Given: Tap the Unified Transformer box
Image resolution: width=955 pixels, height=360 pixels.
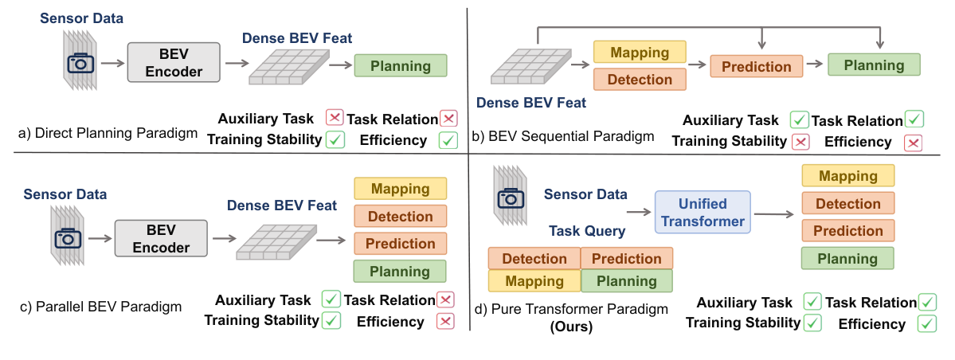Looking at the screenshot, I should pyautogui.click(x=703, y=213).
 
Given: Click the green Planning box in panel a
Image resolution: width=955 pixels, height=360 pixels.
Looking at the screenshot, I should pyautogui.click(x=401, y=66).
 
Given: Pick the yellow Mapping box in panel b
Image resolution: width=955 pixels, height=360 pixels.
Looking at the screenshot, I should pyautogui.click(x=639, y=53).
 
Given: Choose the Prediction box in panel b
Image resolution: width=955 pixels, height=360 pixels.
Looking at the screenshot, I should pyautogui.click(x=757, y=67).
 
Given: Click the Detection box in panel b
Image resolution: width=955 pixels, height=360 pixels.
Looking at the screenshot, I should pyautogui.click(x=639, y=79).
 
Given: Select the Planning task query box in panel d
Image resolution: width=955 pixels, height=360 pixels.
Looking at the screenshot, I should pyautogui.click(x=626, y=281).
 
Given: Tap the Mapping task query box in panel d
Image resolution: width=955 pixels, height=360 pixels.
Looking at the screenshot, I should pyautogui.click(x=534, y=281).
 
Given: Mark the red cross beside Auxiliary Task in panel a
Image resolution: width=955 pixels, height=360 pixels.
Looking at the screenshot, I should pyautogui.click(x=335, y=119).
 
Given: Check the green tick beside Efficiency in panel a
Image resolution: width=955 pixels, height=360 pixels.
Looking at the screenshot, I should pyautogui.click(x=448, y=141).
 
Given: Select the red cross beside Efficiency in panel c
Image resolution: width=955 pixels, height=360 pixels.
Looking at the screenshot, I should pyautogui.click(x=445, y=322).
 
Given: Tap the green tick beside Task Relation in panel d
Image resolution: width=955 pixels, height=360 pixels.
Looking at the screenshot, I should pyautogui.click(x=927, y=303).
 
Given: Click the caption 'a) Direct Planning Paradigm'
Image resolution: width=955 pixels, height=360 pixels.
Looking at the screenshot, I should pyautogui.click(x=108, y=132).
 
